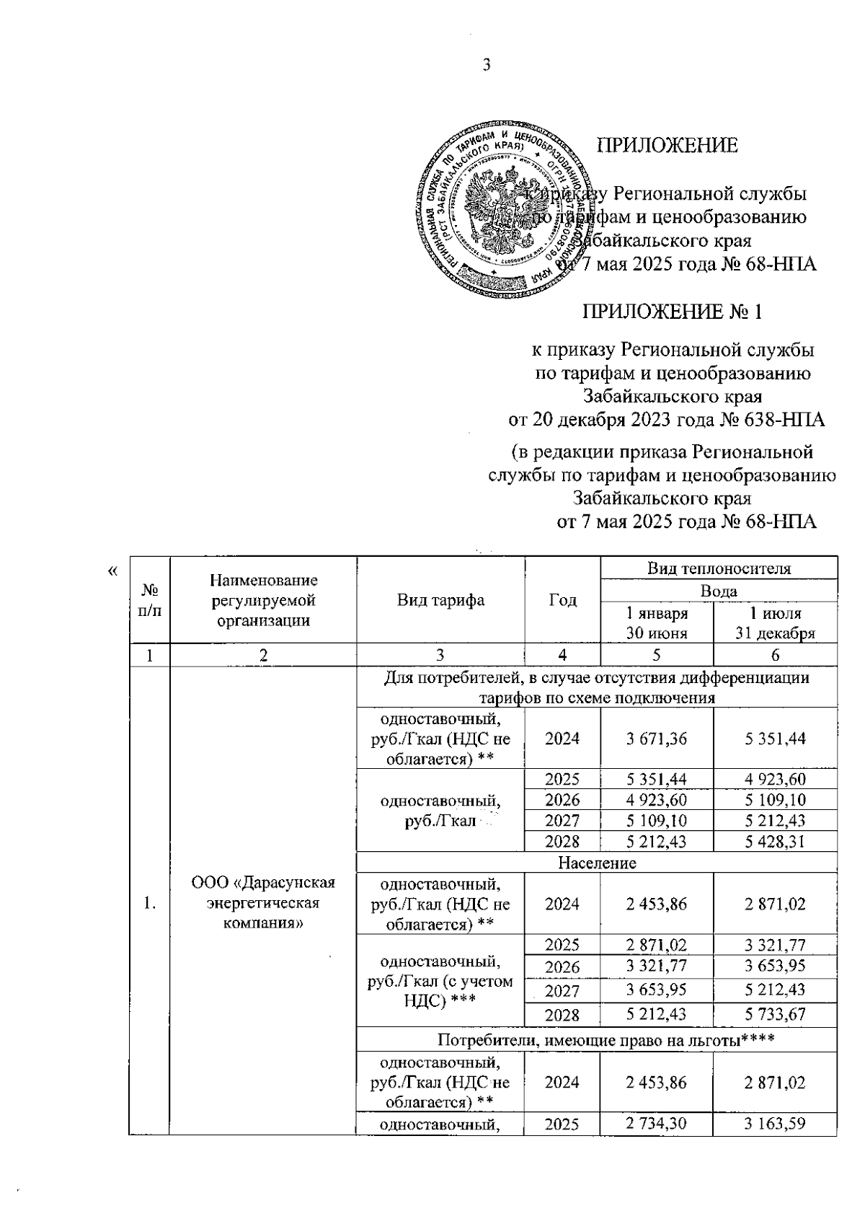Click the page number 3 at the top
[486, 66]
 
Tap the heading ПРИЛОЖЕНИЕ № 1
[672, 312]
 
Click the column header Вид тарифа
[440, 601]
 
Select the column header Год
[562, 601]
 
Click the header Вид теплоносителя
[718, 568]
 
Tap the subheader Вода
[718, 591]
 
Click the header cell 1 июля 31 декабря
[775, 623]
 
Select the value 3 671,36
[656, 739]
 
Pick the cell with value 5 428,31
[775, 842]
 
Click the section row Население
[597, 863]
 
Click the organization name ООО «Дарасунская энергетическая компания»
[263, 904]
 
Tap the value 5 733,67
[775, 1014]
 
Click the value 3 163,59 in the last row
[775, 1123]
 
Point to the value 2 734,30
[656, 1123]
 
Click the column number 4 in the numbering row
[562, 655]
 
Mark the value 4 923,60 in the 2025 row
[775, 779]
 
